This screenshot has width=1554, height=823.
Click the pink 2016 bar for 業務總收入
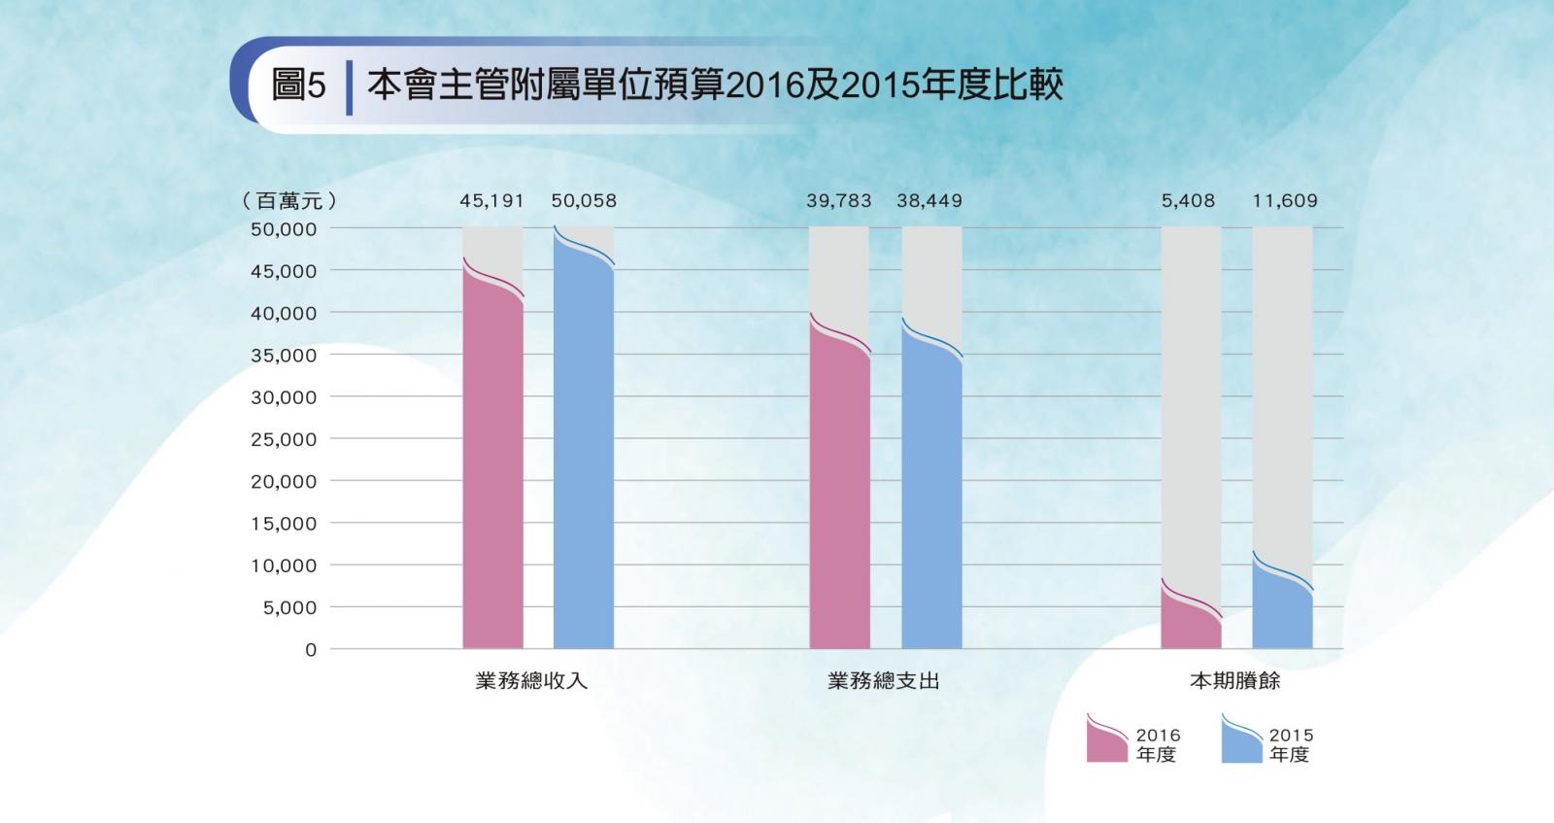492,466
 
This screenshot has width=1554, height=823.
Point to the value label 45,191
491,201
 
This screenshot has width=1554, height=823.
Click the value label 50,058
584,201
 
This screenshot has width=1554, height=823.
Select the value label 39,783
838,201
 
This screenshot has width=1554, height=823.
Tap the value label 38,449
929,201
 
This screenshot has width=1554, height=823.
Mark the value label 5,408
1188,201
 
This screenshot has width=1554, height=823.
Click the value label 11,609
1285,201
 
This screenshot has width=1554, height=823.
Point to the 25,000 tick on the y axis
284,439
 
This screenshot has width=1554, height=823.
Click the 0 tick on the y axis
311,650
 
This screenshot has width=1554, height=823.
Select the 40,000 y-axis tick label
284,313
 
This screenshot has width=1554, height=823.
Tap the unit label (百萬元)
289,201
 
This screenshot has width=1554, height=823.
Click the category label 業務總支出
884,681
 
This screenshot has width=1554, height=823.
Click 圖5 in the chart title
298,86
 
